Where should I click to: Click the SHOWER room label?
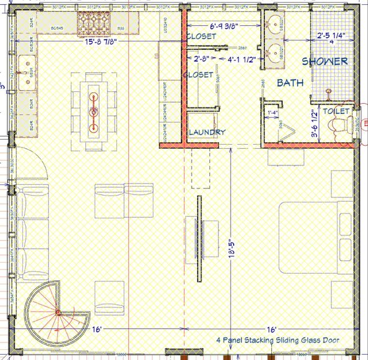coord(325,61)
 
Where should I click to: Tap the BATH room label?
coord(290,83)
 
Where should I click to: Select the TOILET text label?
coord(336,111)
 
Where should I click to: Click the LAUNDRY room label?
coord(207,132)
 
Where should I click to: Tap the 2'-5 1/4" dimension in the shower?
coord(332,35)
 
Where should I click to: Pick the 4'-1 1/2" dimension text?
coord(242,59)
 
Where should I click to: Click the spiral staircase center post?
coord(58,313)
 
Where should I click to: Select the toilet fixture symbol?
coord(340,125)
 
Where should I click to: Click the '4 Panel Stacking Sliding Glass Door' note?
coord(278,340)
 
